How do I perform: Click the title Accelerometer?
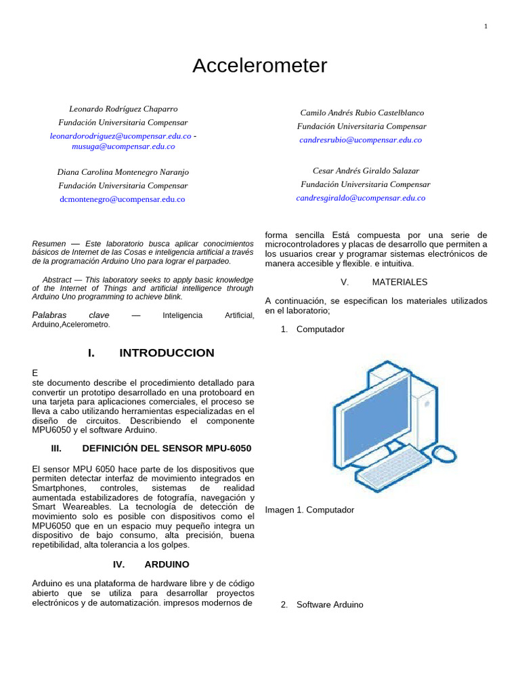coord(259,66)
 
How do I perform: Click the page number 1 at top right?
coord(485,26)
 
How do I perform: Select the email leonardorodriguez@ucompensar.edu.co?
coord(121,136)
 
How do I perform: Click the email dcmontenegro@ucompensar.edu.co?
coord(123,199)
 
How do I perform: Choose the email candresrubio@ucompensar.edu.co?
coord(360,140)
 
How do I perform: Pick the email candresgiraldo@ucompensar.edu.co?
coord(361,198)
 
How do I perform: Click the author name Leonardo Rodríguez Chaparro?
coord(123,108)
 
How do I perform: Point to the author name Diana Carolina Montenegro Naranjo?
coord(123,172)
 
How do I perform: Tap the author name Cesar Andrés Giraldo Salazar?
coord(366,171)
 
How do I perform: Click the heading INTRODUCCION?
coord(167,353)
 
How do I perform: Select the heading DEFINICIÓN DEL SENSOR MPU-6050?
coord(167,449)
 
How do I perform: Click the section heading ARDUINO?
coord(167,564)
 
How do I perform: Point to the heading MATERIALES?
coord(399,282)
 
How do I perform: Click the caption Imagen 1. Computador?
coord(309,510)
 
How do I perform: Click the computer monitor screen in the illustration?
coord(378,410)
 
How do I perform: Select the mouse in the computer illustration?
coord(445,453)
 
